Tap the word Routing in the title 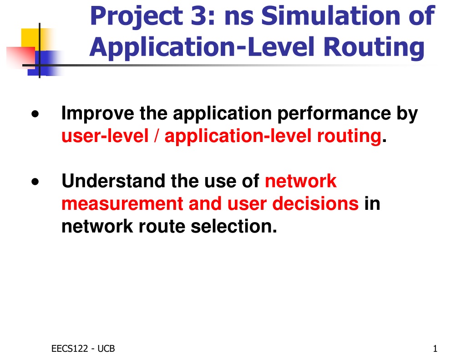pyautogui.click(x=374, y=47)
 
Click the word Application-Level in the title pyautogui.click(x=202, y=47)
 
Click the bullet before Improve pyautogui.click(x=35, y=114)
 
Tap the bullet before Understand pyautogui.click(x=35, y=181)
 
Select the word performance pyautogui.click(x=334, y=114)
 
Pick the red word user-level pyautogui.click(x=105, y=136)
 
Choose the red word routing pyautogui.click(x=349, y=137)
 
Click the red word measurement pyautogui.click(x=122, y=203)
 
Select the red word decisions pyautogui.click(x=315, y=203)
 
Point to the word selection pyautogui.click(x=234, y=226)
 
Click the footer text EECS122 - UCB pyautogui.click(x=83, y=349)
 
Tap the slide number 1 pyautogui.click(x=435, y=349)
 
